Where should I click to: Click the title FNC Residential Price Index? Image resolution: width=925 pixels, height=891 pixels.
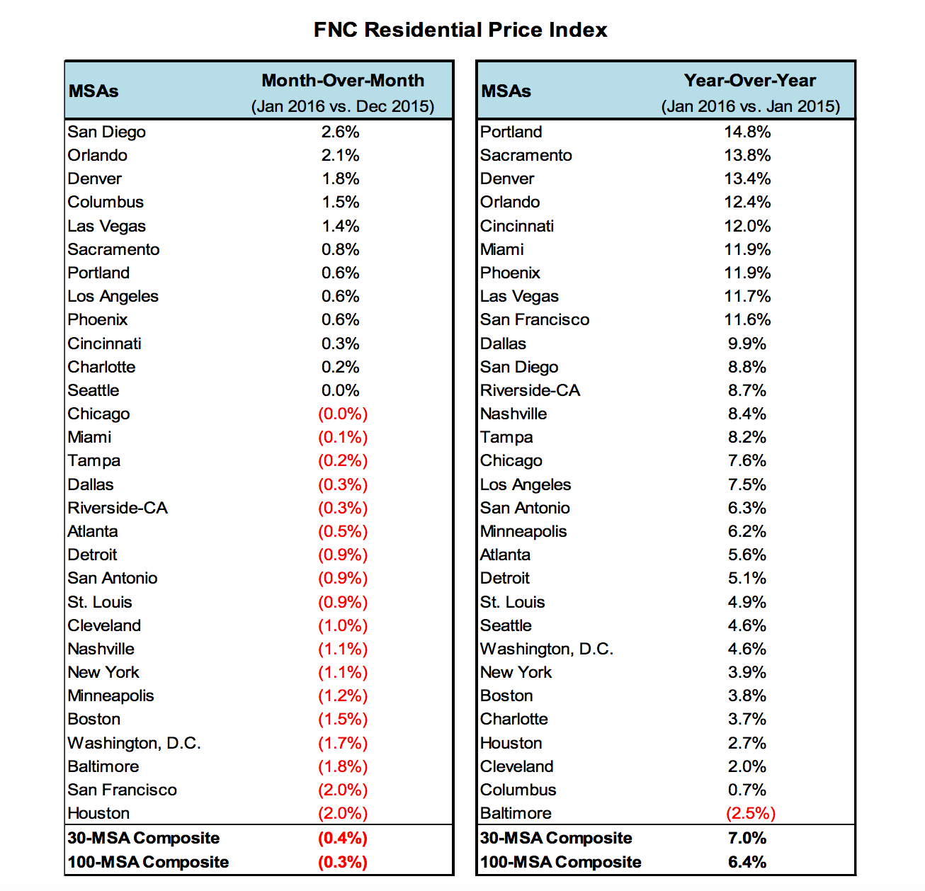click(460, 30)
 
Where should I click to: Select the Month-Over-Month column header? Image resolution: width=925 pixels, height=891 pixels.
click(343, 81)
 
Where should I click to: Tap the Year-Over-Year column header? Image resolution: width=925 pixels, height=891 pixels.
click(749, 81)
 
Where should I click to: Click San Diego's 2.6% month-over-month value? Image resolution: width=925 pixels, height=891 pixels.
click(341, 132)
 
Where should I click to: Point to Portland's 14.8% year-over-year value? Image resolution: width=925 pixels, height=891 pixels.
click(747, 132)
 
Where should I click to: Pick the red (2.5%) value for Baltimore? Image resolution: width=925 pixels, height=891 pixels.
click(751, 813)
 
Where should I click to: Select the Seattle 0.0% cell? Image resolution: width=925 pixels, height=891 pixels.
click(341, 390)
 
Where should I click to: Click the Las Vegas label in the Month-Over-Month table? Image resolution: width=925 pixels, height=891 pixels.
click(107, 226)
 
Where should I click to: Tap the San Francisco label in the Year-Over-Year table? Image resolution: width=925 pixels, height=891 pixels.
click(535, 319)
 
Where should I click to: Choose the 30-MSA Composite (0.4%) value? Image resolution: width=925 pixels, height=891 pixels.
click(343, 838)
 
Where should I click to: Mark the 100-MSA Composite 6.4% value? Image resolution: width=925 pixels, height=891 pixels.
click(747, 862)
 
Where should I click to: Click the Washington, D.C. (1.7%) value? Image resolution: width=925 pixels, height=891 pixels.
click(343, 743)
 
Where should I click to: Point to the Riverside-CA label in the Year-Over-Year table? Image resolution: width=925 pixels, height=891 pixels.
click(530, 390)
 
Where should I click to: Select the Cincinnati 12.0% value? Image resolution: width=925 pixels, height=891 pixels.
click(747, 226)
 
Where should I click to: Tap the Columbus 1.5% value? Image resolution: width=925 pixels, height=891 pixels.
click(341, 202)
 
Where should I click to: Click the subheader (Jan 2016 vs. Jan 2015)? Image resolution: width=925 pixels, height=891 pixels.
click(751, 106)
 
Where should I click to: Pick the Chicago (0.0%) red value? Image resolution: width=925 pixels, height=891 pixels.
click(343, 414)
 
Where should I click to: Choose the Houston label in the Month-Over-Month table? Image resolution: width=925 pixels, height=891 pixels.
click(99, 813)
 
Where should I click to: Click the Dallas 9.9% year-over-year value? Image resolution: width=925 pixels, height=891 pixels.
click(747, 344)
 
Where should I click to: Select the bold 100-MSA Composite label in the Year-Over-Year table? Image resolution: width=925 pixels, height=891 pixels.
click(561, 862)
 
